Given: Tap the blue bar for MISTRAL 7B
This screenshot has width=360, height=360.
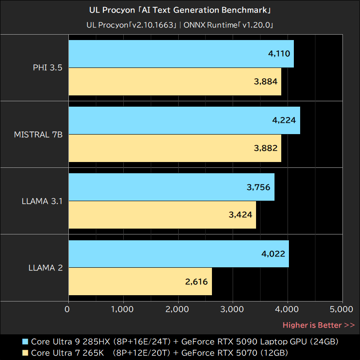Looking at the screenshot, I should click(x=184, y=121).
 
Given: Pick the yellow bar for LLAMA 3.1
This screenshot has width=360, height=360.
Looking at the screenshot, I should click(x=162, y=215).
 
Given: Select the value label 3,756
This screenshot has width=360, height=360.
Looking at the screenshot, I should click(x=258, y=187).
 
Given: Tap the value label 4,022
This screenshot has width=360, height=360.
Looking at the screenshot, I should click(x=273, y=254).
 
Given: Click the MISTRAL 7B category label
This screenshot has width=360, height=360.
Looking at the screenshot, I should click(x=38, y=135).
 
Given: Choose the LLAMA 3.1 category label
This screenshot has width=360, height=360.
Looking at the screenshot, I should click(x=42, y=201).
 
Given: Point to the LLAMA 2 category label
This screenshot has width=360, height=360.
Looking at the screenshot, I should click(x=45, y=268).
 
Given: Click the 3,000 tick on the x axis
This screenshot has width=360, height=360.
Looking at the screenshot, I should click(x=233, y=309).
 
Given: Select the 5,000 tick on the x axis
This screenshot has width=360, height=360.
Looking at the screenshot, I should click(x=342, y=309).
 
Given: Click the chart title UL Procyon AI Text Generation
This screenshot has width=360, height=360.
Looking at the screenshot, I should click(x=180, y=10).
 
